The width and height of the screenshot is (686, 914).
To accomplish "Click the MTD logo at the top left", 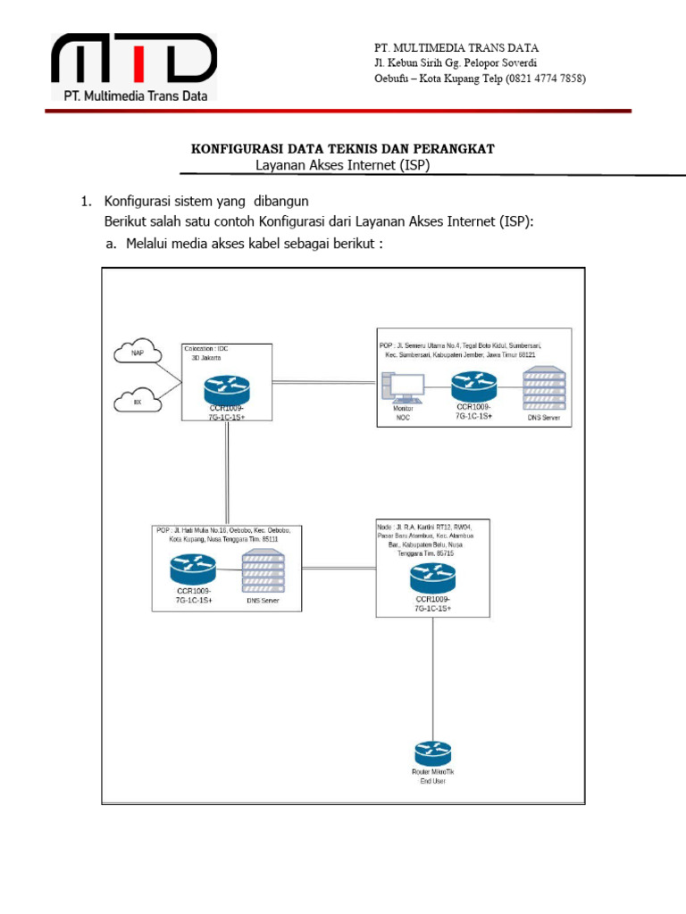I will [x=134, y=68].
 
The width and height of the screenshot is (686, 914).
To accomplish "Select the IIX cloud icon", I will [x=138, y=401].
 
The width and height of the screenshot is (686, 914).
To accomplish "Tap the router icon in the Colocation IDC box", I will [x=227, y=388].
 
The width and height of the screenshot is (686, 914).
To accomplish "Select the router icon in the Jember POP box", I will [x=473, y=386].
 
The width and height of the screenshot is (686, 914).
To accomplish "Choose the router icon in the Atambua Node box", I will [x=433, y=577].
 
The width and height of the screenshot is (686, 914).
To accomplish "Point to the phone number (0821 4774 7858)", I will [x=546, y=79].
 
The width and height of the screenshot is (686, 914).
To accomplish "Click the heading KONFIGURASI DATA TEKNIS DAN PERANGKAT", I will [x=343, y=149].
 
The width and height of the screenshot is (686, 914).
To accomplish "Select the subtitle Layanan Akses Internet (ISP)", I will [x=343, y=165].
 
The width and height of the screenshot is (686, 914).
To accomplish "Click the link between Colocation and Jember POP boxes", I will [x=322, y=382].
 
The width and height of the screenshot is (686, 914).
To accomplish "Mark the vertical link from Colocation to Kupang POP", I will [x=229, y=473].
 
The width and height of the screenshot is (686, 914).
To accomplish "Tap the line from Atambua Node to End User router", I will [x=433, y=678].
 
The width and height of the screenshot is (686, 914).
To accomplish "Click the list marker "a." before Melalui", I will [x=111, y=244].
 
